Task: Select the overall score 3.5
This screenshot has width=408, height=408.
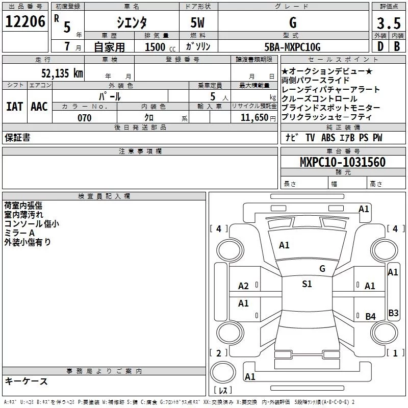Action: (388, 23)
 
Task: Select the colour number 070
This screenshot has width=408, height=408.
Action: (84, 118)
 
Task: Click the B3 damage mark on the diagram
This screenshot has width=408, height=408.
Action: (393, 313)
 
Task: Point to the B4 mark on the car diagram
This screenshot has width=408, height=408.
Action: (370, 317)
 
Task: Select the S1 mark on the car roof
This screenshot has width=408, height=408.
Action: (307, 284)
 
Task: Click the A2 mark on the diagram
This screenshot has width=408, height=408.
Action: (244, 286)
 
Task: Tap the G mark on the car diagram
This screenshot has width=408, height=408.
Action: (322, 268)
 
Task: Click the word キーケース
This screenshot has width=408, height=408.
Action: (26, 381)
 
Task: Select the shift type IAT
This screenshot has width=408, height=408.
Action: (14, 107)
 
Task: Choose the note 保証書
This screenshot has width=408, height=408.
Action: (17, 138)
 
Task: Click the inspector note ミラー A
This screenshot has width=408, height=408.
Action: (19, 233)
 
